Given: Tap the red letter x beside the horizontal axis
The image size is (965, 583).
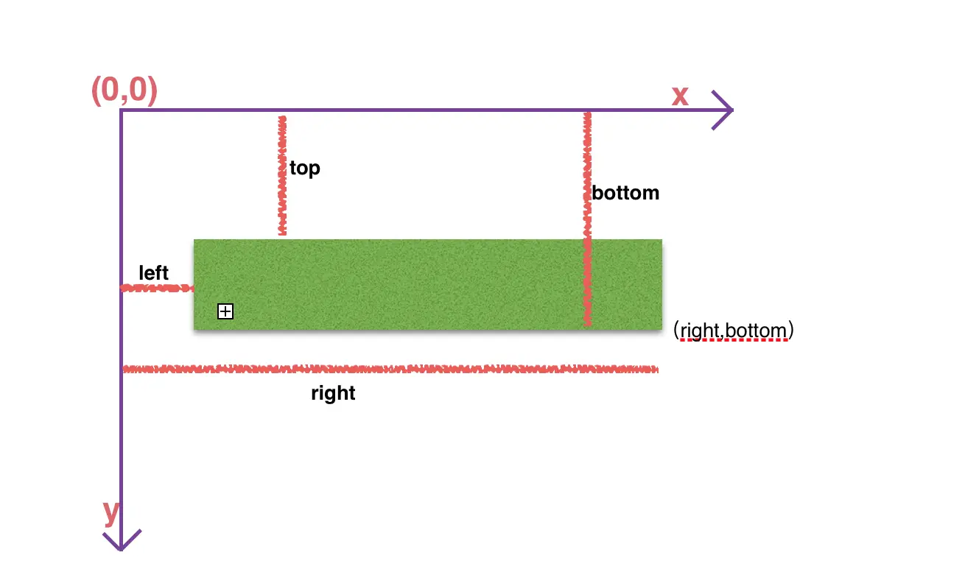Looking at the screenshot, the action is (x=680, y=96).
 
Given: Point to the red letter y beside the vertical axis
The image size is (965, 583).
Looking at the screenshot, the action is (x=110, y=513).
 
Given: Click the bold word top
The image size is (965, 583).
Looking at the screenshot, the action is (x=305, y=169).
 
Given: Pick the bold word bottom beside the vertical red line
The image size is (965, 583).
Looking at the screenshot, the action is (x=625, y=194).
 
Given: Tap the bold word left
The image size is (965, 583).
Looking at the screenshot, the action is (x=154, y=273).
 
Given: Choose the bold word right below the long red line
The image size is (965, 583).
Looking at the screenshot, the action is (x=333, y=393).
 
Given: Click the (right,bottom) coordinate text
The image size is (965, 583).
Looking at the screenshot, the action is (x=734, y=331).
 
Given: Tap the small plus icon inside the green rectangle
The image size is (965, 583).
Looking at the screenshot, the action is (x=225, y=312).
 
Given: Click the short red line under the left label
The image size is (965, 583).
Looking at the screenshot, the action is (x=157, y=289).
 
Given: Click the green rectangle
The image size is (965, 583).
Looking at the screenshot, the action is (x=427, y=285).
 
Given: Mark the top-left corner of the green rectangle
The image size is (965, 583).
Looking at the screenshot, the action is (x=194, y=240).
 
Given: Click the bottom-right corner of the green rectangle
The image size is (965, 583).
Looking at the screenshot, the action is (x=662, y=330).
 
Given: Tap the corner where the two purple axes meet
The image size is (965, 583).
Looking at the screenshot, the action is (x=121, y=111).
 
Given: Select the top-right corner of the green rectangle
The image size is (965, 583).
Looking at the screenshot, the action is (x=662, y=240).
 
